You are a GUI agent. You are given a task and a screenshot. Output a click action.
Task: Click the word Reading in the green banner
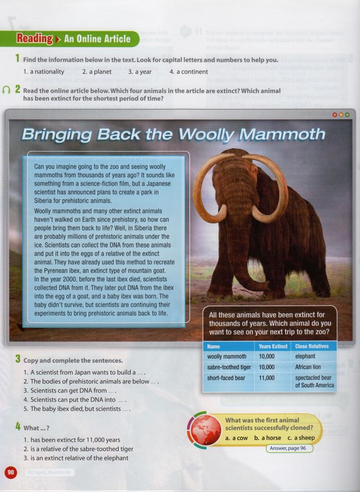click(35, 39)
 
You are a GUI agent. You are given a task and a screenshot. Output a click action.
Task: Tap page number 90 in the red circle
click(11, 472)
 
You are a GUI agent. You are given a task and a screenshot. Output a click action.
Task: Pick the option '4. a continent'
click(189, 72)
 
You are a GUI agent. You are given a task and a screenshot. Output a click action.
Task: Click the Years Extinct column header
click(273, 346)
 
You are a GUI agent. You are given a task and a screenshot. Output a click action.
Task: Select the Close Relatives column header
click(312, 346)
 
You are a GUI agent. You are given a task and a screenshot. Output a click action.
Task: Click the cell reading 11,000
click(266, 378)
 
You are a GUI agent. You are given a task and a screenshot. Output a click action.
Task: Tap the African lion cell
click(308, 367)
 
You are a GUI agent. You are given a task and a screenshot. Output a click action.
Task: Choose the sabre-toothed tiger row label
click(229, 367)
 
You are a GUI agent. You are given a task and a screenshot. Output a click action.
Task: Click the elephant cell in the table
click(305, 357)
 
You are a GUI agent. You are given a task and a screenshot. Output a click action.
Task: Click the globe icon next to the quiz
click(205, 429)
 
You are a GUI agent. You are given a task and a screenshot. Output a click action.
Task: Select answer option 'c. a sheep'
click(301, 438)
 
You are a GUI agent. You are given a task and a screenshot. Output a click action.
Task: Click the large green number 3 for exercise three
click(17, 358)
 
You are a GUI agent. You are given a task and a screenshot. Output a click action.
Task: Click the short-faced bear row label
click(226, 378)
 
